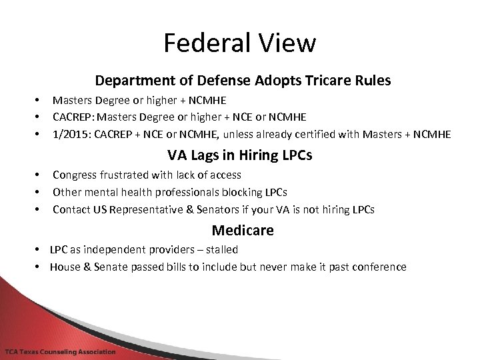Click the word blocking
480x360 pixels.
tap(243, 192)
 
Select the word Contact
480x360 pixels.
tap(71, 209)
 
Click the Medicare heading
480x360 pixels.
tap(243, 231)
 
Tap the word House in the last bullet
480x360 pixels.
tap(65, 267)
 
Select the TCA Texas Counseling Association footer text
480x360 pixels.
tap(60, 351)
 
